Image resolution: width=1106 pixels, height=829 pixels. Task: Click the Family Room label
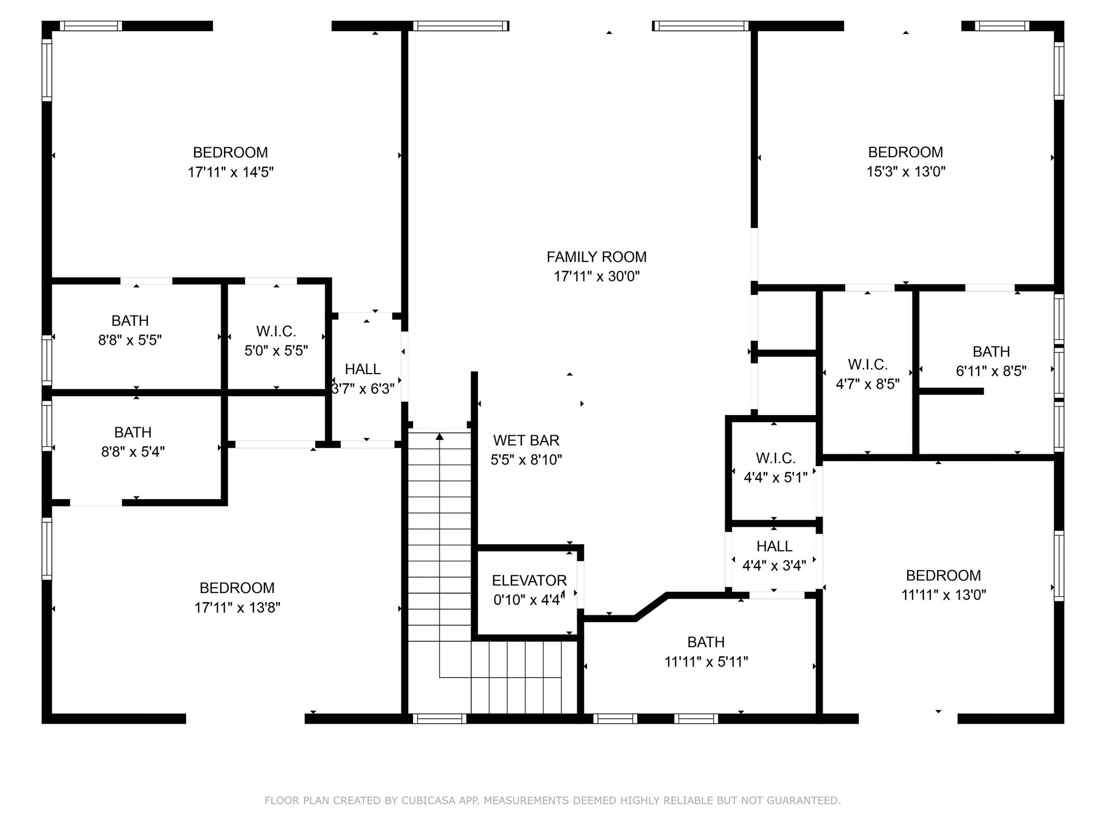click(x=596, y=257)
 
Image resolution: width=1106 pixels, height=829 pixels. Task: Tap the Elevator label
click(x=529, y=580)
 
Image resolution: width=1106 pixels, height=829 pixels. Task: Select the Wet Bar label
click(x=526, y=440)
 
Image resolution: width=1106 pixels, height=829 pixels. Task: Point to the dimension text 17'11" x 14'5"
click(x=230, y=172)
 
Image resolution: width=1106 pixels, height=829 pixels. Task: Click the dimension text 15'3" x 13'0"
click(x=906, y=172)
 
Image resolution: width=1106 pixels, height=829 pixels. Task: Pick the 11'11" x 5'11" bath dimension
click(x=706, y=662)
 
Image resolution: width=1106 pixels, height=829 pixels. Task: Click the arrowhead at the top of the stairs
click(x=440, y=436)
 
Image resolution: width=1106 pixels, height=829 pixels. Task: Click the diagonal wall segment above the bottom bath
click(x=651, y=607)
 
